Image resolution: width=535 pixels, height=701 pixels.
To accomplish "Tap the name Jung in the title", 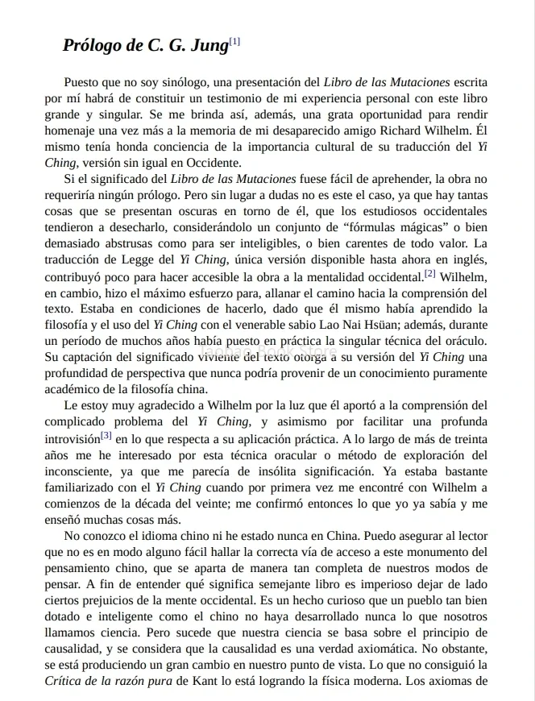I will tap(209, 46).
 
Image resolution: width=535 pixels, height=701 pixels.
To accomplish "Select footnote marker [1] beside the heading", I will tap(234, 41).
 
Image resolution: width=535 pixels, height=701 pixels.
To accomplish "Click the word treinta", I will tap(469, 438).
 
